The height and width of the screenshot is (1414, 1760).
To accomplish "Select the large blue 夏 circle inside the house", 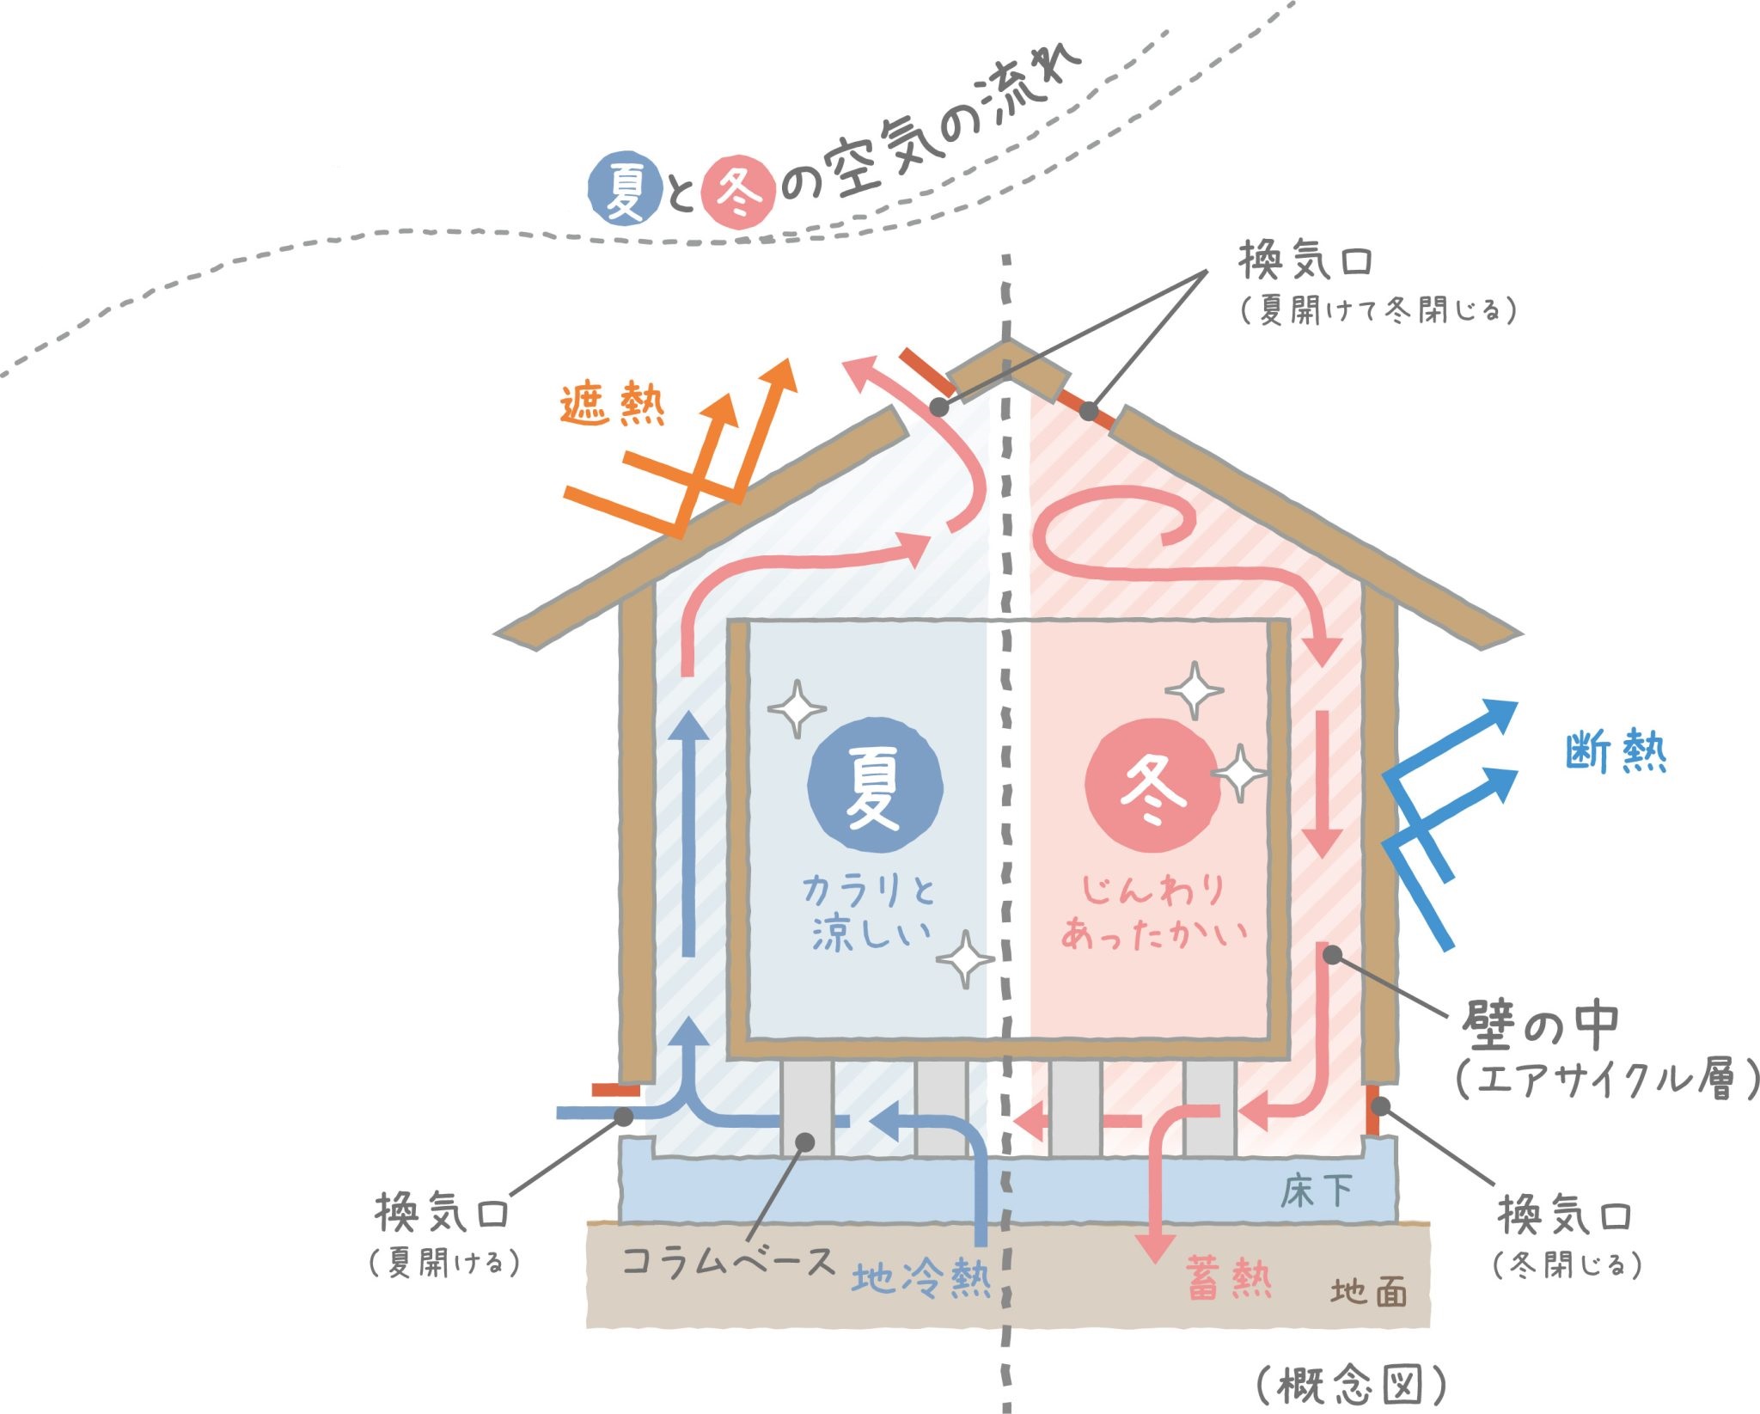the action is [875, 789].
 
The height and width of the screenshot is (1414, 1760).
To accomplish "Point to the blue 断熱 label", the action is [1616, 752].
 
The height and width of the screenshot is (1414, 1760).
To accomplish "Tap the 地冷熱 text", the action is [921, 1278].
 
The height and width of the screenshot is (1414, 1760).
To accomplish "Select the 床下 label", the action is [1317, 1191].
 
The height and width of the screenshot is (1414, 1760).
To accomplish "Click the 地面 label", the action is [1369, 1292].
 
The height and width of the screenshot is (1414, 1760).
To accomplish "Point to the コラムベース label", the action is [728, 1262].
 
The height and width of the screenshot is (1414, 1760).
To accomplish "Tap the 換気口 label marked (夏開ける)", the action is [443, 1213].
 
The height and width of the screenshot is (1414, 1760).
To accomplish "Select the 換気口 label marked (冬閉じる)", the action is [1565, 1215].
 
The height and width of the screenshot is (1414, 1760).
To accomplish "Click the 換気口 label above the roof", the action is [1305, 260].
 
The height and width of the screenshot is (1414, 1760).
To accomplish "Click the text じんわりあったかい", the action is [1153, 911].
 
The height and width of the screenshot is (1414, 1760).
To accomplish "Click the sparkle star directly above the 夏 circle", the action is [797, 709].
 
